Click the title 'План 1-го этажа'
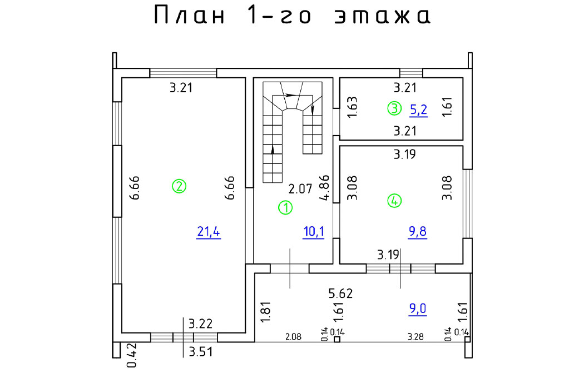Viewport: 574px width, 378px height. (291, 16)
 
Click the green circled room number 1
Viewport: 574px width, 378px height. (285, 208)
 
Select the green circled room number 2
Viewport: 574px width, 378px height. (179, 186)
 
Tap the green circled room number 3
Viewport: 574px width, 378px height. (394, 109)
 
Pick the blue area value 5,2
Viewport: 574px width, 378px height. (418, 110)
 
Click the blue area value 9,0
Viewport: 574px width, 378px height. (418, 309)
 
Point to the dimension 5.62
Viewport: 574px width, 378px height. (340, 293)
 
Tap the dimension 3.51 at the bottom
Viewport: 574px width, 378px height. (201, 351)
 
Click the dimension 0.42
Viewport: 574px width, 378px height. (131, 355)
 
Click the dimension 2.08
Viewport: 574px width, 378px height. (294, 336)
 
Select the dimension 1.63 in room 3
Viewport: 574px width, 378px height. (352, 107)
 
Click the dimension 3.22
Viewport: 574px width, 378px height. (201, 324)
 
